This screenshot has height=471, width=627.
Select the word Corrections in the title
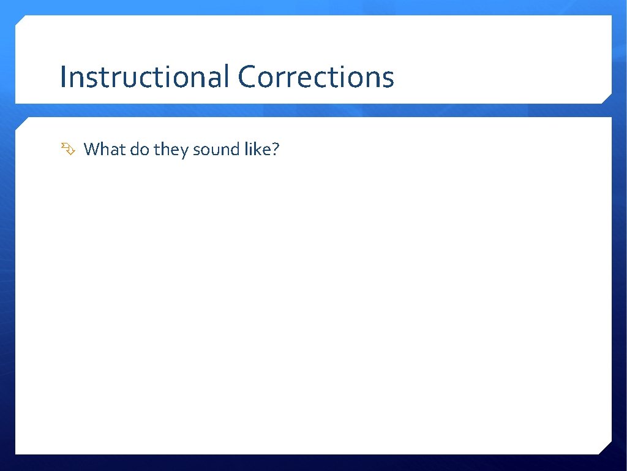point(316,77)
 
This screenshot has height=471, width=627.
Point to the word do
point(140,149)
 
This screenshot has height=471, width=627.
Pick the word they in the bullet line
point(171,150)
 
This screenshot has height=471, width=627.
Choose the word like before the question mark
point(255,149)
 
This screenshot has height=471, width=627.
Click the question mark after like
point(274,149)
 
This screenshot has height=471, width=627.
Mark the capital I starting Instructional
point(63,77)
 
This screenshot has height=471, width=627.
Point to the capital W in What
point(91,149)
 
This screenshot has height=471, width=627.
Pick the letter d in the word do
point(135,149)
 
